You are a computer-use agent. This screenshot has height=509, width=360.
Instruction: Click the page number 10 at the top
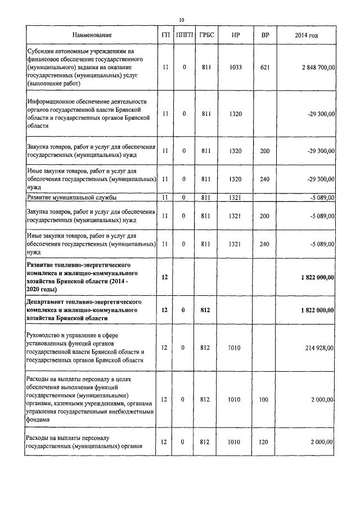(181, 20)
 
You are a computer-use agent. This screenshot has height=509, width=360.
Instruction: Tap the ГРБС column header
(205, 35)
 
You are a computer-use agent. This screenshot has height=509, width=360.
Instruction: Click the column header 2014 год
(306, 35)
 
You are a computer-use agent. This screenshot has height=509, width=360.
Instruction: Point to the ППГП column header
(184, 35)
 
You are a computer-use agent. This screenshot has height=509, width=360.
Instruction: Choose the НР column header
(236, 35)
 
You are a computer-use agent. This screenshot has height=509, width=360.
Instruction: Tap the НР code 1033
(236, 67)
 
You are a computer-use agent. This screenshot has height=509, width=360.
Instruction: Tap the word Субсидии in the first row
(42, 51)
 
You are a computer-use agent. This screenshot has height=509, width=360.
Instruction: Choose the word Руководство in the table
(47, 335)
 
